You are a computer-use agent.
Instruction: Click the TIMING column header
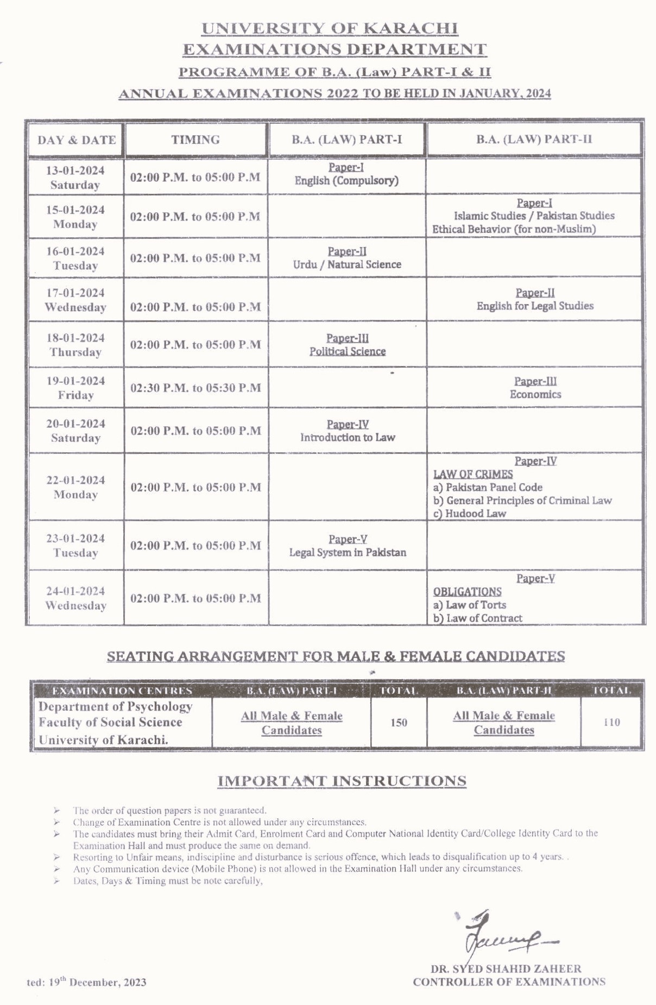195,140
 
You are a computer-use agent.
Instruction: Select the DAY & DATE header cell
77,140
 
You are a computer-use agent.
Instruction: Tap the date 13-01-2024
75,170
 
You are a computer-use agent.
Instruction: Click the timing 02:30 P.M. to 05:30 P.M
195,388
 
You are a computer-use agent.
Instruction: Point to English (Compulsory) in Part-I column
346,181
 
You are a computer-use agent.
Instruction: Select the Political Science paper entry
348,351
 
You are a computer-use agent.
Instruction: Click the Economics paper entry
535,395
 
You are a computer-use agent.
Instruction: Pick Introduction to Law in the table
348,437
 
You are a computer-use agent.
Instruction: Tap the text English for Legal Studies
535,306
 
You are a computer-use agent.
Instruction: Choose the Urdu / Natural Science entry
347,264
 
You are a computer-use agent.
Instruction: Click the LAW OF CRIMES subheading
473,474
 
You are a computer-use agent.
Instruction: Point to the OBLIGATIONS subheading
467,592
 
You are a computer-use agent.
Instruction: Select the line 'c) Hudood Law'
470,513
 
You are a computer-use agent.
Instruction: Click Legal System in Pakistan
348,552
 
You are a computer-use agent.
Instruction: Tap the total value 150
399,723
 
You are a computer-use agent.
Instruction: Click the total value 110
611,723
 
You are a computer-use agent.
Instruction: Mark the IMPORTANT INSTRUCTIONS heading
342,781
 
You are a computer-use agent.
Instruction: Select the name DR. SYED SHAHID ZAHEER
506,968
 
